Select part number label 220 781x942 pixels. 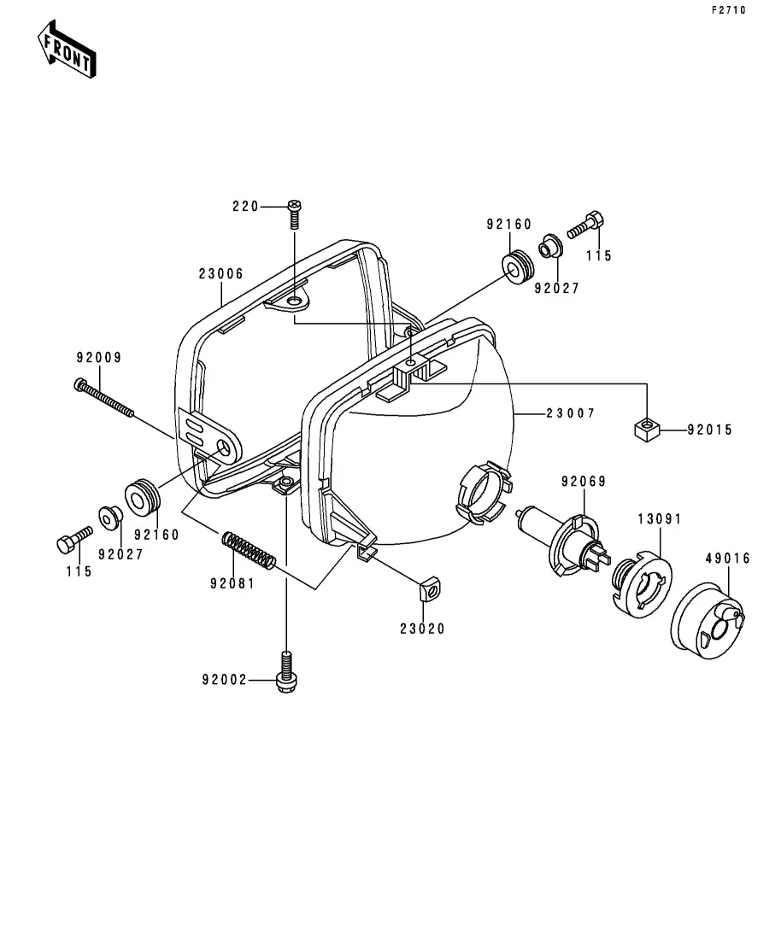[x=245, y=207]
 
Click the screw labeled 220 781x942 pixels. [x=295, y=213]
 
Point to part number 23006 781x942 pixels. [x=221, y=274]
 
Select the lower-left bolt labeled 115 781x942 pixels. [x=73, y=541]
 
